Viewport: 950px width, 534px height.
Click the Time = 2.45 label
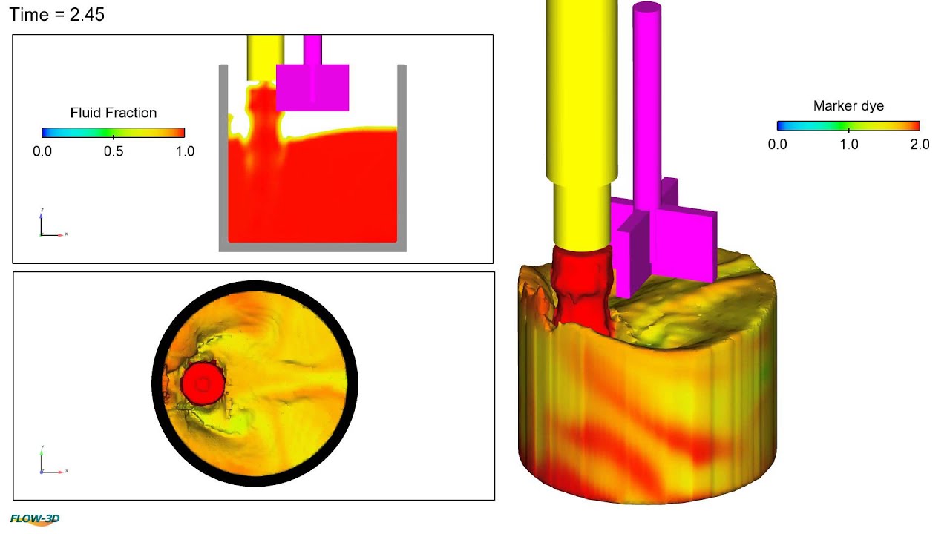(56, 15)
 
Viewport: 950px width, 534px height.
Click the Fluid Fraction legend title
(113, 113)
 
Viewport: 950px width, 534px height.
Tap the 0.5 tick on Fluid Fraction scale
(113, 151)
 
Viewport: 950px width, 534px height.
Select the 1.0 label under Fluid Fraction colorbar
(185, 151)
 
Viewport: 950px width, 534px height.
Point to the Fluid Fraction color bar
(113, 133)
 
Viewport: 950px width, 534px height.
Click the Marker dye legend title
(848, 106)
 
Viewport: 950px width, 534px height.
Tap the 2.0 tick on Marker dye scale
(919, 145)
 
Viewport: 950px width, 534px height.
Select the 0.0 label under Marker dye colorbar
(777, 145)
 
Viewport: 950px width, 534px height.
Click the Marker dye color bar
(848, 125)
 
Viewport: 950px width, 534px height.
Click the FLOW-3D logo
(35, 519)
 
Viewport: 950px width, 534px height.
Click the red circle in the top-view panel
(203, 383)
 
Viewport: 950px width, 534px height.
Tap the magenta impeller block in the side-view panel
(312, 88)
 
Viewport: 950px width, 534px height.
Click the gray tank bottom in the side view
(312, 247)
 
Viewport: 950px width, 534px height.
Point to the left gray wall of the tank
(223, 156)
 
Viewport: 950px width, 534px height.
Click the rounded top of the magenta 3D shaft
(646, 8)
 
